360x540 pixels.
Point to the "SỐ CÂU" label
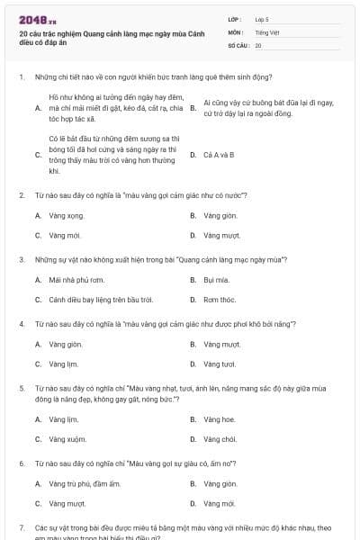[x=238, y=45]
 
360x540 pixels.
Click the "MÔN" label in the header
[x=236, y=31]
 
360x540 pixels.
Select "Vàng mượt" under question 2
[x=220, y=235]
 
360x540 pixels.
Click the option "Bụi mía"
[x=216, y=280]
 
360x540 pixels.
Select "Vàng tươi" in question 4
[x=219, y=364]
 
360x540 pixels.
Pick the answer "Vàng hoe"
[x=219, y=419]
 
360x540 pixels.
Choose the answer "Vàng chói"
[x=220, y=439]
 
